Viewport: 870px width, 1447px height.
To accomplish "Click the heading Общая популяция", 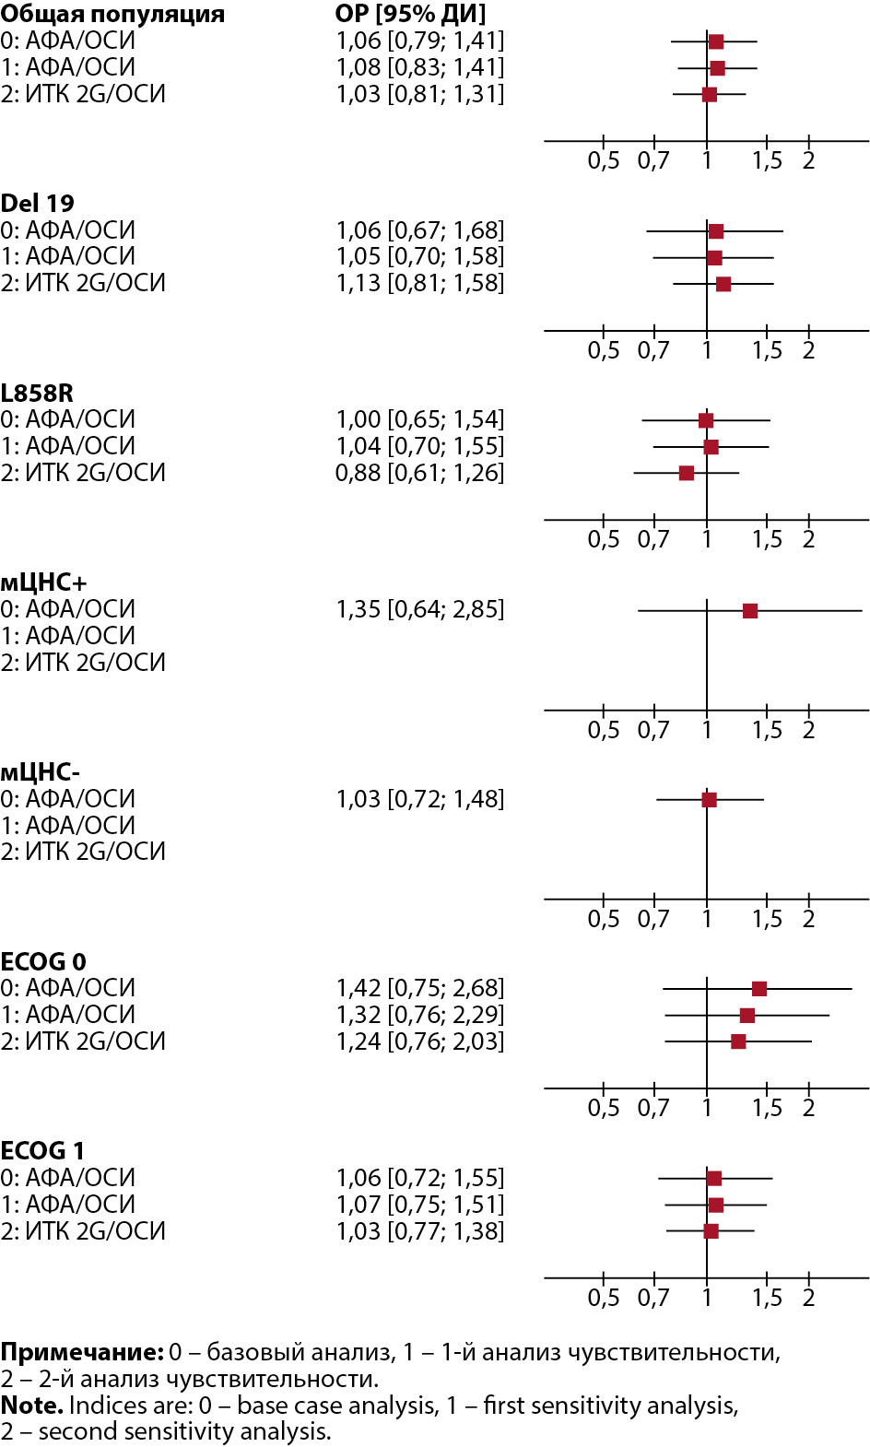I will coord(112,14).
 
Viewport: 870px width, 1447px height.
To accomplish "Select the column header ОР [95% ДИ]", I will coord(410,14).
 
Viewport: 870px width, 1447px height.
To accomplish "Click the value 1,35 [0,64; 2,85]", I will coord(420,609).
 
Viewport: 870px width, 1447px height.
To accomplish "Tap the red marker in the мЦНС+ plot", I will coord(750,611).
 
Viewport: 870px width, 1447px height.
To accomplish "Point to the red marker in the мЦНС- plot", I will coord(709,800).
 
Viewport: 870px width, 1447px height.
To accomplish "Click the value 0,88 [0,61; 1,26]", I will coord(420,473).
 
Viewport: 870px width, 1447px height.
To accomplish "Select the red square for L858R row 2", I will coord(687,474).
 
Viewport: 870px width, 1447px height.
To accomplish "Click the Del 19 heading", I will coord(38,204).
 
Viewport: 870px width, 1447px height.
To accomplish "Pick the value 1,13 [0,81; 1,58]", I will coord(420,283).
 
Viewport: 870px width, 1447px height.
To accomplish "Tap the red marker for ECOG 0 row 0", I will coord(759,989).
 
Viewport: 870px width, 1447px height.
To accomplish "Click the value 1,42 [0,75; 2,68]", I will coord(420,988).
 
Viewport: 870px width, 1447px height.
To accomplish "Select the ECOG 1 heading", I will coord(42,1151).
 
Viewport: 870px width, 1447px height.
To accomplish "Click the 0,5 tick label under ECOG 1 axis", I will coord(604,1298).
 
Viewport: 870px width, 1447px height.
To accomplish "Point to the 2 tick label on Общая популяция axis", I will coord(808,161).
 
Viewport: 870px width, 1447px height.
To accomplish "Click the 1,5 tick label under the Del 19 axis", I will coord(767,351).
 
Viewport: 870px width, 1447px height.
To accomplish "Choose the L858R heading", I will coord(37,394).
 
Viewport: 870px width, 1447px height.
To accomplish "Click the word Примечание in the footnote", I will coord(81,1352).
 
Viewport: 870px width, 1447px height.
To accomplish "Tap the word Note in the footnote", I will coord(31,1406).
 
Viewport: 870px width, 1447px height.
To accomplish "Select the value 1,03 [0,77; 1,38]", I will coord(420,1231).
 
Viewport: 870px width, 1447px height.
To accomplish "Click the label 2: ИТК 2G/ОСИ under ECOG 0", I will coord(83,1041).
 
